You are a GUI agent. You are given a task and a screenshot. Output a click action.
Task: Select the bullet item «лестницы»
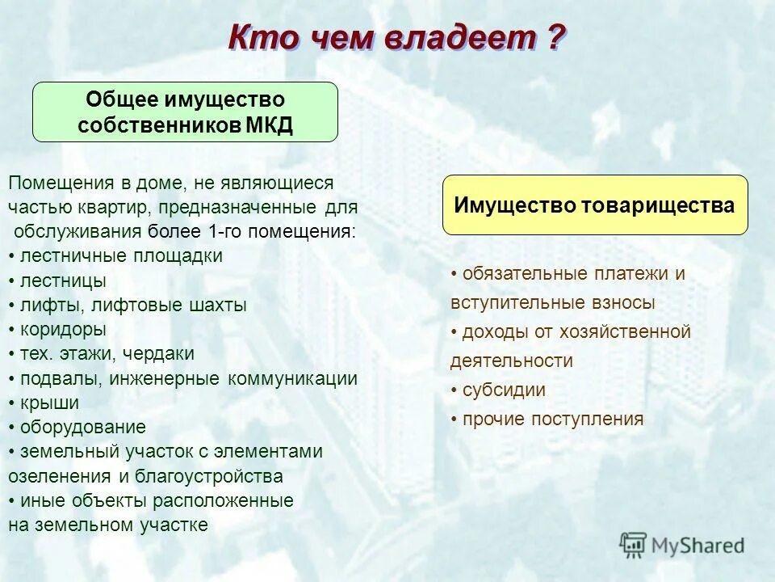(x=61, y=281)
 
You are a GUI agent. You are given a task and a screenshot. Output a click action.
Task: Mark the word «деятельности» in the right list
(x=511, y=361)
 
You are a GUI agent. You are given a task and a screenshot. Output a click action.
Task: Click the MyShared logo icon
(x=633, y=544)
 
